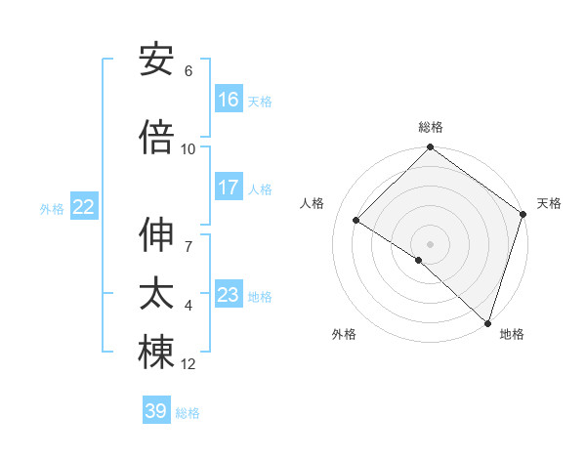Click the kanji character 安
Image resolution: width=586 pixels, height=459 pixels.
(156, 61)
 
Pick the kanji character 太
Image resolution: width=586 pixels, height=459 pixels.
(156, 294)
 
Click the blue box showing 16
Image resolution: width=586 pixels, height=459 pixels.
(229, 100)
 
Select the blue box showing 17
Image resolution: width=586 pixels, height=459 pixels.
(229, 188)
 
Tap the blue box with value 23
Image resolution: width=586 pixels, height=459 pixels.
(229, 295)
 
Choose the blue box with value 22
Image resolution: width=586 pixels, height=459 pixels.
(84, 207)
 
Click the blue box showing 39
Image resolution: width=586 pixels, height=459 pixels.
(156, 411)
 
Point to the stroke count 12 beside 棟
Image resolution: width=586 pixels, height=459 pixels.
(188, 364)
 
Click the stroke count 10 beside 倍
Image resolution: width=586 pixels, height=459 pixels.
(188, 148)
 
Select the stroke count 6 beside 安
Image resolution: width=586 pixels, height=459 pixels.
(188, 71)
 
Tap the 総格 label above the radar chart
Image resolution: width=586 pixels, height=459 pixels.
(431, 127)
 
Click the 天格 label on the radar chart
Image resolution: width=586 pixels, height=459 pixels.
(549, 203)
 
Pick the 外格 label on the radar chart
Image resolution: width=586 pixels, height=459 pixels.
(344, 334)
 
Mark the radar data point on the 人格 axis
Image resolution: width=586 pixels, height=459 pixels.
(356, 221)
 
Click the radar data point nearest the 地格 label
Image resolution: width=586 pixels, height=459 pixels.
(487, 321)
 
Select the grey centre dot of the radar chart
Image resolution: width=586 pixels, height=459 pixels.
(430, 243)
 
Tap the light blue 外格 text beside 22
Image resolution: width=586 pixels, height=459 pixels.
(52, 208)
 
